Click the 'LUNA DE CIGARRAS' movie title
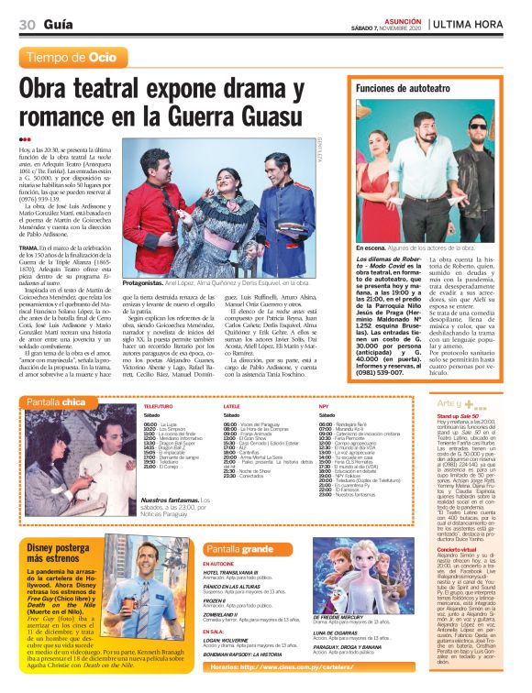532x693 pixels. click(x=335, y=632)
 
